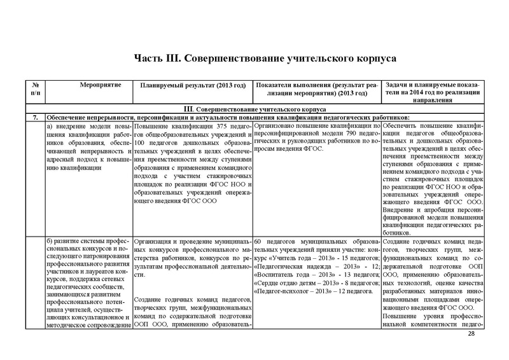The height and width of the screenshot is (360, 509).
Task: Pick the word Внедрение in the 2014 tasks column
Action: tap(403, 207)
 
